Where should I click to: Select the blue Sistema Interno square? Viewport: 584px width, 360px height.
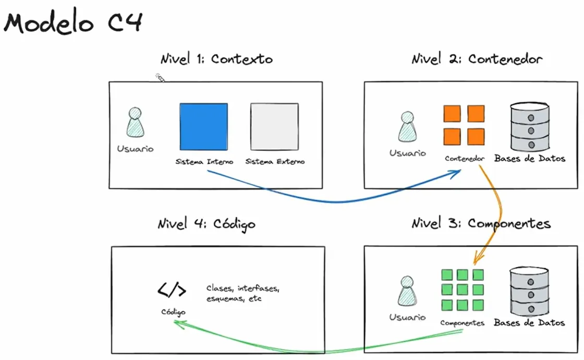coord(203,127)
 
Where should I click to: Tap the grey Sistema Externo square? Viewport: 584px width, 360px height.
coord(274,127)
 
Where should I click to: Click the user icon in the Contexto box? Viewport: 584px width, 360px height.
coord(135,123)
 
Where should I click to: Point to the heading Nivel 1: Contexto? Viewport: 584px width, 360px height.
coord(216,59)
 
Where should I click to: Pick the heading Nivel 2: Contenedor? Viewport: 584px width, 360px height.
coord(477,59)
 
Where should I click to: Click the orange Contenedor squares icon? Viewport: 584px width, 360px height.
coord(464,125)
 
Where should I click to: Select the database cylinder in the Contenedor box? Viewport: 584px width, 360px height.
coord(529,126)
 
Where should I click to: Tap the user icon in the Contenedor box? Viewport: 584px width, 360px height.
coord(407,128)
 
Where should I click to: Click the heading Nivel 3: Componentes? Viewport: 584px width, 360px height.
coord(481,224)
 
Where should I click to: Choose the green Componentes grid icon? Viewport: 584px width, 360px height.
coord(461,290)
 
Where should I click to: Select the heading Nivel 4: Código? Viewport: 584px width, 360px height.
coord(206,224)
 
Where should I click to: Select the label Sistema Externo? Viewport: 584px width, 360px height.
coord(275,162)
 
